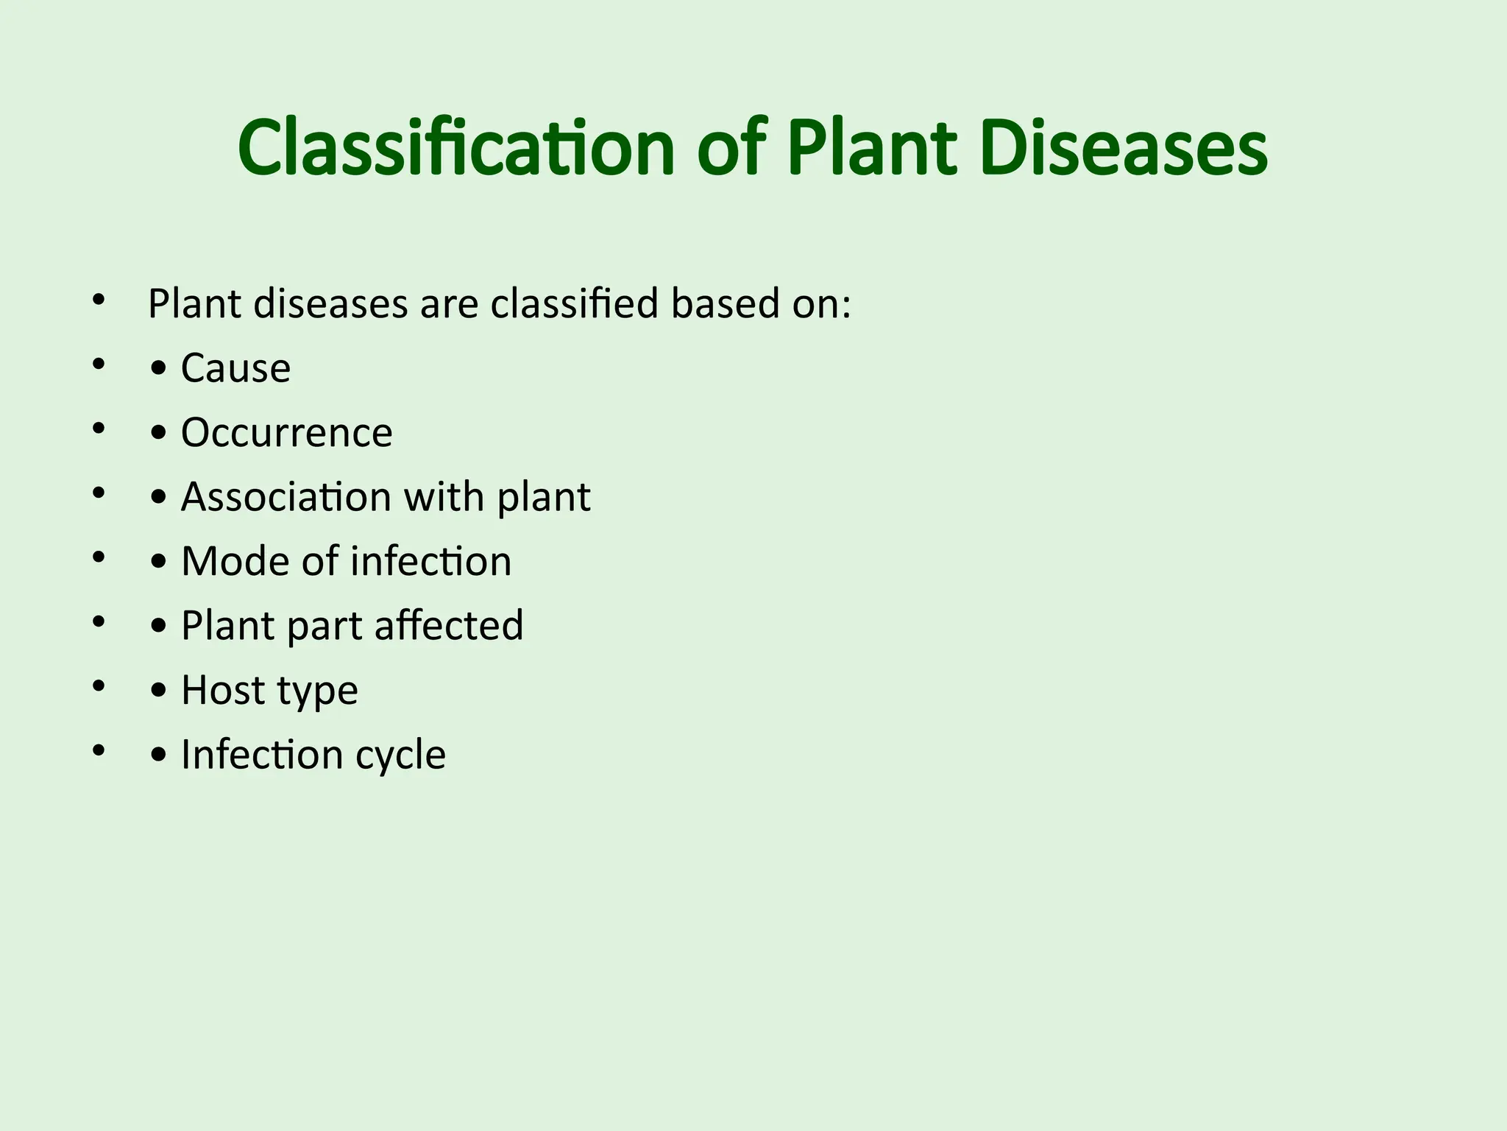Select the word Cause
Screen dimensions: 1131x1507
(x=235, y=368)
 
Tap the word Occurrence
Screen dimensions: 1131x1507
(x=286, y=432)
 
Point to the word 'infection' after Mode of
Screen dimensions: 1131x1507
(x=430, y=561)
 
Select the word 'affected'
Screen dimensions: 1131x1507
(x=448, y=626)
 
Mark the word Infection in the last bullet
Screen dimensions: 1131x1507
(x=261, y=755)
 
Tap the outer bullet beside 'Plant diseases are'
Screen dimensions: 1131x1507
(x=99, y=300)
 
